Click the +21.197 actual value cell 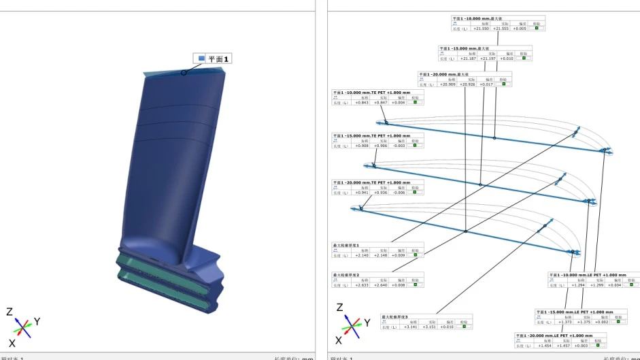click(488, 59)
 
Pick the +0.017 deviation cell click(486, 84)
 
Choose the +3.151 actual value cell click(428, 327)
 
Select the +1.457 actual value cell click(563, 346)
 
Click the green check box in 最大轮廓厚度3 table click(464, 327)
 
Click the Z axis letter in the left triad click(10, 312)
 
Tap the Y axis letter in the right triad click(367, 323)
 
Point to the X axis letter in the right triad click(339, 341)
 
